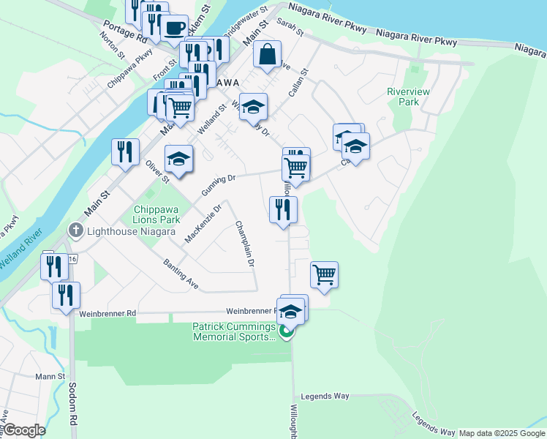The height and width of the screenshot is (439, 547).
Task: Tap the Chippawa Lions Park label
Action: pyautogui.click(x=156, y=214)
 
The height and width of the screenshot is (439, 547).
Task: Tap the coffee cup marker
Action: pyautogui.click(x=173, y=27)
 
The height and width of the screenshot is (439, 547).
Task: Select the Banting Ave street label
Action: pyautogui.click(x=181, y=273)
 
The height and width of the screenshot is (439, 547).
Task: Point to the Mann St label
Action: pyautogui.click(x=50, y=377)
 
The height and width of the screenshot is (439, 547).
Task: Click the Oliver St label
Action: pyautogui.click(x=157, y=170)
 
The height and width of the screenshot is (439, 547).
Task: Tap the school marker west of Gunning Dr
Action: pyautogui.click(x=178, y=158)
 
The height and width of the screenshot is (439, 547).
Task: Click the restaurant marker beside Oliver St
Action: pyautogui.click(x=125, y=151)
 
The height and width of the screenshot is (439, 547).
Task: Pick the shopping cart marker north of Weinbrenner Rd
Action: pyautogui.click(x=324, y=274)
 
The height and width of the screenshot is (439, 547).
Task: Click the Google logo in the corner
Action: pyautogui.click(x=24, y=429)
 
